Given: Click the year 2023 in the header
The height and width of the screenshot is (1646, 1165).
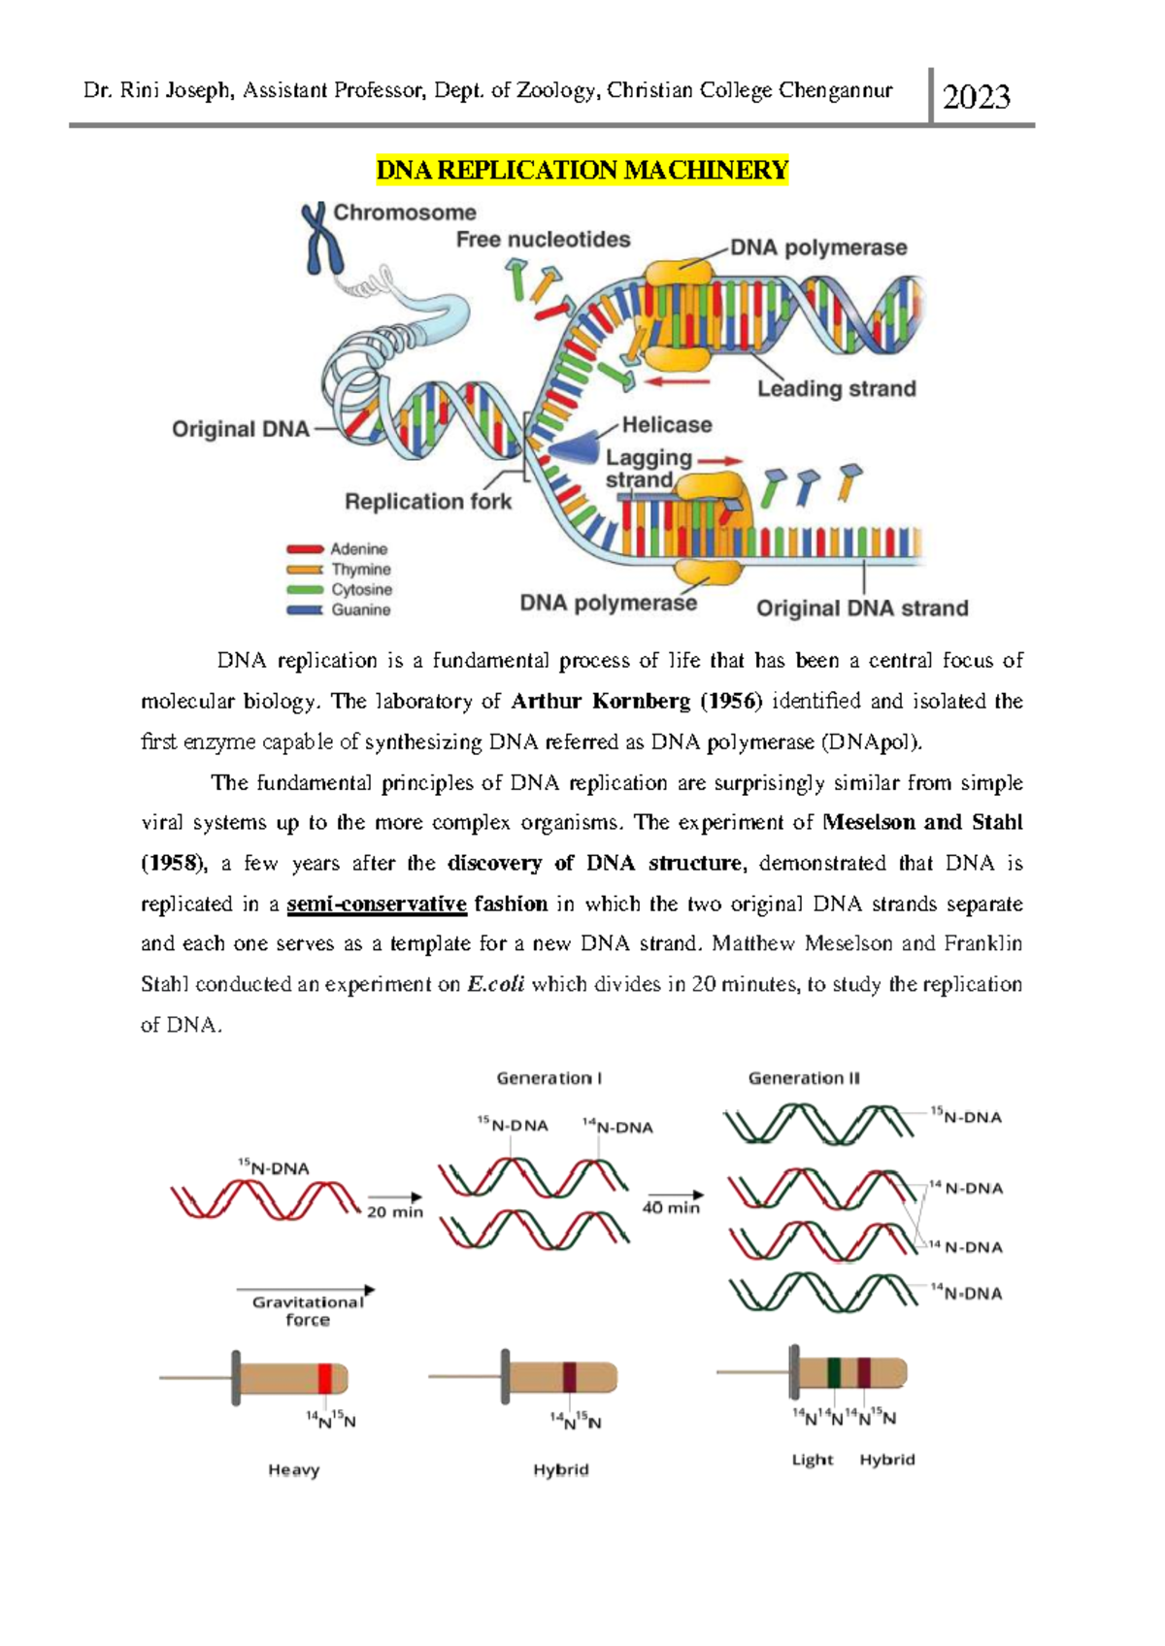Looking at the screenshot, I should click(x=976, y=97).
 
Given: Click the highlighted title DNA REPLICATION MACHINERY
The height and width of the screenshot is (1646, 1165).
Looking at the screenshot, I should click(x=582, y=171).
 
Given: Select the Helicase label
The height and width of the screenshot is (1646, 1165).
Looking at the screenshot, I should click(x=666, y=425).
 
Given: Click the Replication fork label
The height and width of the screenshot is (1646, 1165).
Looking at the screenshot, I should click(x=428, y=502).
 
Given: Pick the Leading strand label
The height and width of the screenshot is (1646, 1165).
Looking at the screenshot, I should click(x=836, y=389).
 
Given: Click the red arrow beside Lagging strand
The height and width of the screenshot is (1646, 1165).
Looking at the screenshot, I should click(x=719, y=461).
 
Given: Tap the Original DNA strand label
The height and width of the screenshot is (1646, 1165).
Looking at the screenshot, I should click(x=862, y=609).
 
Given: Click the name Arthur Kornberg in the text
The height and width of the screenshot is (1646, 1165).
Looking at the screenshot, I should click(x=600, y=702).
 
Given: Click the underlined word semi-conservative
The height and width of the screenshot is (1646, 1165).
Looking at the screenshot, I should click(x=377, y=905).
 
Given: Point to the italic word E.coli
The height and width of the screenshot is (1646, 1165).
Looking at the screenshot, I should click(x=495, y=985).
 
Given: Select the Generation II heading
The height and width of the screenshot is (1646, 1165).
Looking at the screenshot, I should click(x=804, y=1078).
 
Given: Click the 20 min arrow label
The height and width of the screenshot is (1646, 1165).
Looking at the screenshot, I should click(x=395, y=1212).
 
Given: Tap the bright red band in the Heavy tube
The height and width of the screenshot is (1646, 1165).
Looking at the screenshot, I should click(x=325, y=1378).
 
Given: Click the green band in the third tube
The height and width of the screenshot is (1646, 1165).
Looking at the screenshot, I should click(x=833, y=1372).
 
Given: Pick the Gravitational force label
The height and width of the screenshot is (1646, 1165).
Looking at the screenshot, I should click(x=307, y=1310).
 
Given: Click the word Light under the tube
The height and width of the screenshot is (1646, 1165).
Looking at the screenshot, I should click(x=813, y=1460).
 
